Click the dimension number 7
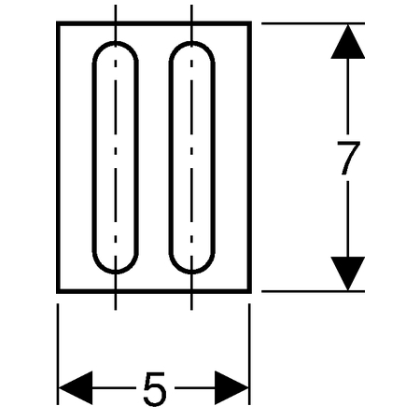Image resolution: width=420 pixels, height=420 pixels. coord(348,158)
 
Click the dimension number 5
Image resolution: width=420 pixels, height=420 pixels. coord(155,388)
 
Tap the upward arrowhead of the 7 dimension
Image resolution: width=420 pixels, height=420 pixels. coord(347,42)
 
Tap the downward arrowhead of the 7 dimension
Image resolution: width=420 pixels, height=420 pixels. coord(347,273)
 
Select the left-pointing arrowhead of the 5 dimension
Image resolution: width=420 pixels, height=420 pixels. coord(76,388)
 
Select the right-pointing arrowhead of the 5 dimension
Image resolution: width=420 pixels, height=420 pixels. coord(231,388)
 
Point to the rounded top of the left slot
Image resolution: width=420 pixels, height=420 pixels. coord(116,43)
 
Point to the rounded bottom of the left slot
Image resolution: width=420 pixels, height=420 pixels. coord(116,273)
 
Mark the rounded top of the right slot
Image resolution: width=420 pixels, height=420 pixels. coord(192,43)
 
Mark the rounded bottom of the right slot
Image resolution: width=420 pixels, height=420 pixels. coord(192,273)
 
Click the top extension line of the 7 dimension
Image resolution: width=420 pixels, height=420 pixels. coord(313,23)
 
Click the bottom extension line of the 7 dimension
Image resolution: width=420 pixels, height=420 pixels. coord(313,291)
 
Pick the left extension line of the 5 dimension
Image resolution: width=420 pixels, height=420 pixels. coord(58,355)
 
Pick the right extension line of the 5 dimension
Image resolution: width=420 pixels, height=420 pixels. coord(249,355)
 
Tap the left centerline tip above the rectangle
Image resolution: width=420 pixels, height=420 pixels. coord(116,6)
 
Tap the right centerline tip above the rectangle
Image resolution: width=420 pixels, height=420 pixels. coord(191,6)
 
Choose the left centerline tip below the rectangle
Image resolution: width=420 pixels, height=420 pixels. coord(116,310)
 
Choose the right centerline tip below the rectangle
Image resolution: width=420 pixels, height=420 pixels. coord(191,310)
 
